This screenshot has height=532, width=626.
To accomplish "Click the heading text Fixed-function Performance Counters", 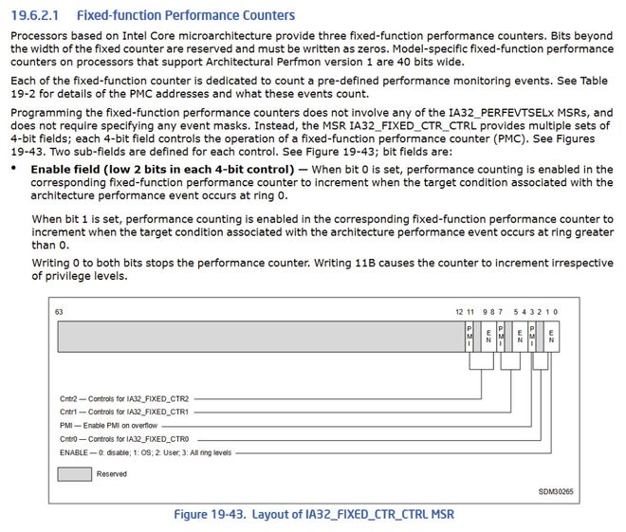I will click(184, 15).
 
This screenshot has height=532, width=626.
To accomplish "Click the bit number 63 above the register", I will click(59, 311).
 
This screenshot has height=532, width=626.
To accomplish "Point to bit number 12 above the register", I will click(459, 311).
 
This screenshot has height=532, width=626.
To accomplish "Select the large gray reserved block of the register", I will click(256, 336).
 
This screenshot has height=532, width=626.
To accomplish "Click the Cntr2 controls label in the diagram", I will click(125, 398).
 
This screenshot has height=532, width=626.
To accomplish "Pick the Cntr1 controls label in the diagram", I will click(125, 413).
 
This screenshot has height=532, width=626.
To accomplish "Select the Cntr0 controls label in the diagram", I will click(125, 439).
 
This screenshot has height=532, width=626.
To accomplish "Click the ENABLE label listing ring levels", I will click(144, 453).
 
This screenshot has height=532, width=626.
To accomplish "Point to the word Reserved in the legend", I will click(111, 474).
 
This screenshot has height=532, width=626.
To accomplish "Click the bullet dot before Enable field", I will click(14, 169).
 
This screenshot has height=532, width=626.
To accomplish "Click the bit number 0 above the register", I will click(557, 311).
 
